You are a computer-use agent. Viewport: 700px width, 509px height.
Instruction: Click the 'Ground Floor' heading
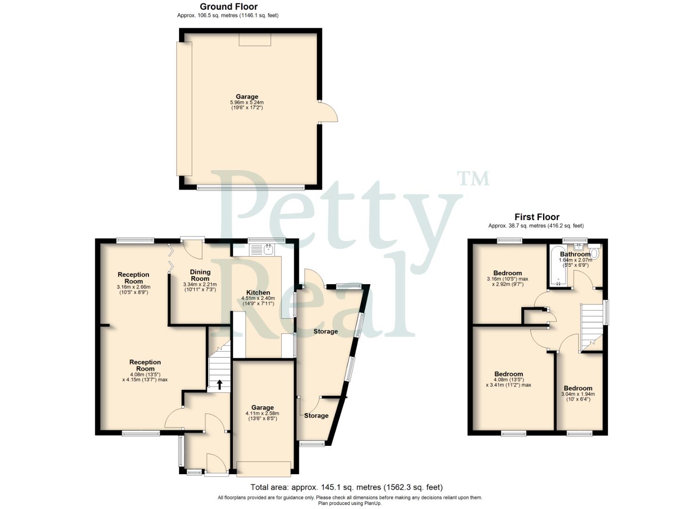pyautogui.click(x=229, y=7)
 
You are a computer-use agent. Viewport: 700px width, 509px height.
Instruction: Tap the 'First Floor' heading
pyautogui.click(x=536, y=217)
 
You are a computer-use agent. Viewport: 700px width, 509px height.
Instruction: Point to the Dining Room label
pyautogui.click(x=200, y=275)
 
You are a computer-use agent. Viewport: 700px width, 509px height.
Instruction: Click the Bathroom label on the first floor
pyautogui.click(x=575, y=254)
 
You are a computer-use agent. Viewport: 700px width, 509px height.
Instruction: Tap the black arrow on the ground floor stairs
pyautogui.click(x=220, y=385)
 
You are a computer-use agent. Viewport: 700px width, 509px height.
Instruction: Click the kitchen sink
pyautogui.click(x=268, y=249)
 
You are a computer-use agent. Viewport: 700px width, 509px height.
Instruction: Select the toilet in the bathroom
pyautogui.click(x=593, y=253)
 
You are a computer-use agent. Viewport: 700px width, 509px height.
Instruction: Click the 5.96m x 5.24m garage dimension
pyautogui.click(x=247, y=103)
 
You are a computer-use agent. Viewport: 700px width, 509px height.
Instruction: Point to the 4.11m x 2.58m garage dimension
pyautogui.click(x=262, y=414)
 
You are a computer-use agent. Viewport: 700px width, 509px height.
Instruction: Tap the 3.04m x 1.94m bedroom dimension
pyautogui.click(x=578, y=394)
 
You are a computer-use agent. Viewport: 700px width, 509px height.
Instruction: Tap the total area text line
pyautogui.click(x=346, y=487)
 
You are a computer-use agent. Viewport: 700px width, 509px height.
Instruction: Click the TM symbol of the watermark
pyautogui.click(x=473, y=178)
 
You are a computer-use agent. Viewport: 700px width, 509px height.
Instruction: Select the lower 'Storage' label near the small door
pyautogui.click(x=316, y=416)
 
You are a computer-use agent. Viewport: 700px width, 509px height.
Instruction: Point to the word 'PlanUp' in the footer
pyautogui.click(x=373, y=503)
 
